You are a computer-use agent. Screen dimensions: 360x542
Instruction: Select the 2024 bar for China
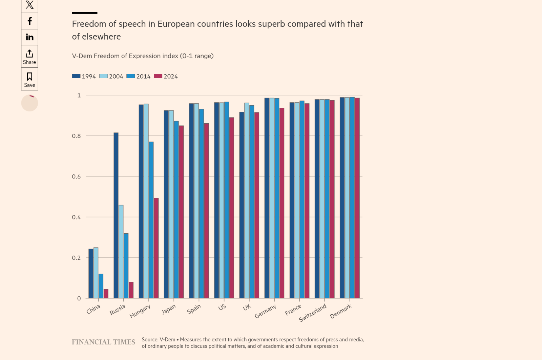(x=106, y=294)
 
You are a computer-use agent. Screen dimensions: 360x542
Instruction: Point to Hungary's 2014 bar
(x=151, y=220)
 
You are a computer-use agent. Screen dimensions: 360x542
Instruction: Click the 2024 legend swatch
(x=158, y=76)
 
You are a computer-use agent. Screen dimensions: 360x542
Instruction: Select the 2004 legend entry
(x=111, y=77)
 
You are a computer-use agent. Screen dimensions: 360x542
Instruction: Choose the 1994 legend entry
(x=84, y=77)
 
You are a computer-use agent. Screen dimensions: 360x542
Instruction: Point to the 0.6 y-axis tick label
(x=76, y=177)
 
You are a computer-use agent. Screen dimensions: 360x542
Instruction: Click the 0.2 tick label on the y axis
(x=76, y=258)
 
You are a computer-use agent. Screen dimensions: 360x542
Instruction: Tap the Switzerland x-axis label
(x=313, y=313)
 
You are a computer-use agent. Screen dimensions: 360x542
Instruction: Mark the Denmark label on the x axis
(x=341, y=311)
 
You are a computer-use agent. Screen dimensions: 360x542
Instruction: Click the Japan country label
(x=168, y=309)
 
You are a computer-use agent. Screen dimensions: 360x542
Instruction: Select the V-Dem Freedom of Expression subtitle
(x=143, y=56)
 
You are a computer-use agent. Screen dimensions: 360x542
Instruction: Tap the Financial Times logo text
(x=103, y=342)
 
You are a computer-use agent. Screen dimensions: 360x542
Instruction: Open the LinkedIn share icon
(x=29, y=37)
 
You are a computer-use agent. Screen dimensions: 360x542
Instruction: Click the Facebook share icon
(x=29, y=21)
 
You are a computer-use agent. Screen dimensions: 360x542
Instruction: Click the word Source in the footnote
(x=150, y=339)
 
